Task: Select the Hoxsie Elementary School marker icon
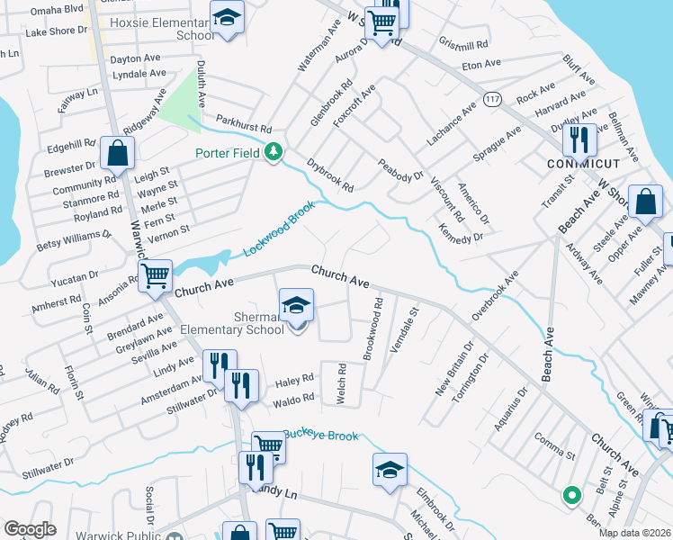click(x=228, y=17)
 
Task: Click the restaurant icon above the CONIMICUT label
click(x=579, y=140)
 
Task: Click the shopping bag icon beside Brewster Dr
click(x=117, y=154)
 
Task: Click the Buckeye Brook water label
click(x=320, y=436)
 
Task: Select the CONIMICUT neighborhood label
click(x=582, y=164)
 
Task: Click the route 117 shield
click(x=491, y=96)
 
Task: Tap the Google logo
click(x=30, y=529)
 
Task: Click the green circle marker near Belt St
click(x=570, y=494)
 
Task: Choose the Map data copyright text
click(x=633, y=533)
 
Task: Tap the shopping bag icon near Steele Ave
click(x=646, y=203)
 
